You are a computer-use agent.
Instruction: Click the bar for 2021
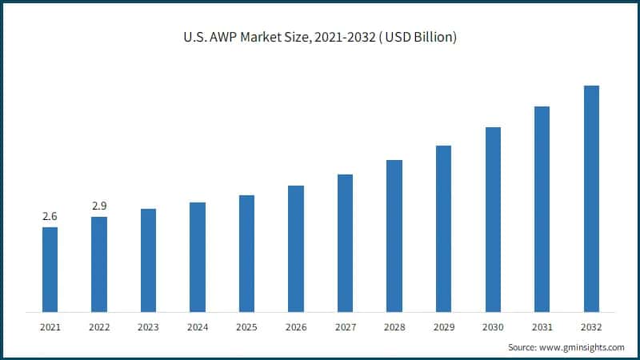pos(50,270)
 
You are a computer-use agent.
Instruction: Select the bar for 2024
pos(198,257)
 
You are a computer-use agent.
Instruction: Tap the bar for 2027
pos(345,242)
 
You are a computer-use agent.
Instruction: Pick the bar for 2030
pos(493,219)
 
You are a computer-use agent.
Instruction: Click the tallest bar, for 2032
pos(591,198)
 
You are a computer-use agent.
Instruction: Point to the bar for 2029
pos(443,228)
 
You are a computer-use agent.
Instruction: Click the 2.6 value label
pos(50,217)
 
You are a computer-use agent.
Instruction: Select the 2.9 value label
pos(99,206)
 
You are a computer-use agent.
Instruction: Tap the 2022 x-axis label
pos(99,327)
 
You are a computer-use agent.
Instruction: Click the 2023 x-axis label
pos(148,327)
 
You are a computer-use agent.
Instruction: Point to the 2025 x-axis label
pos(246,327)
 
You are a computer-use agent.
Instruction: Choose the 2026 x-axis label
pos(296,327)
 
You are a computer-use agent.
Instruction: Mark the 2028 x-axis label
pos(394,327)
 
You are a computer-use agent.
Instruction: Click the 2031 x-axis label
pos(542,327)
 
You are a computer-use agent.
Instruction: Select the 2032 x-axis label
pos(591,327)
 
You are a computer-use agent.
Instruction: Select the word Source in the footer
pos(524,347)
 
